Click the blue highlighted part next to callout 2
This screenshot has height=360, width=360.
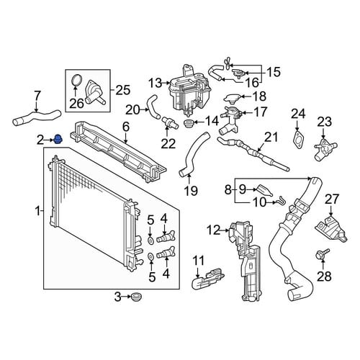click(x=58, y=139)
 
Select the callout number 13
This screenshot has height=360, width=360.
click(x=155, y=84)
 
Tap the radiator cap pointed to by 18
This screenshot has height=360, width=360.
click(x=232, y=97)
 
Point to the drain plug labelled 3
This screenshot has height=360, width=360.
click(x=137, y=297)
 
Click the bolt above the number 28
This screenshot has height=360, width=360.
click(x=323, y=255)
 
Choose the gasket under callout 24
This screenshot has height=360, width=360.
click(x=299, y=139)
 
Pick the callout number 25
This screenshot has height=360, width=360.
click(x=123, y=90)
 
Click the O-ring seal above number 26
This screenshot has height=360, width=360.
click(x=77, y=81)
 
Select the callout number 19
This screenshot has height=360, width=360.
click(x=191, y=191)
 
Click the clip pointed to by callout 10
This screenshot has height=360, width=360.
click(x=282, y=200)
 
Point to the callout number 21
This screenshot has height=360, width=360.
click(x=271, y=137)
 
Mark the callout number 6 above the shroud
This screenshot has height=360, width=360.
click(x=126, y=127)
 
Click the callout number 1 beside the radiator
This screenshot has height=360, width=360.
click(x=37, y=211)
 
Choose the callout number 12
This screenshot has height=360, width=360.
click(x=214, y=230)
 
